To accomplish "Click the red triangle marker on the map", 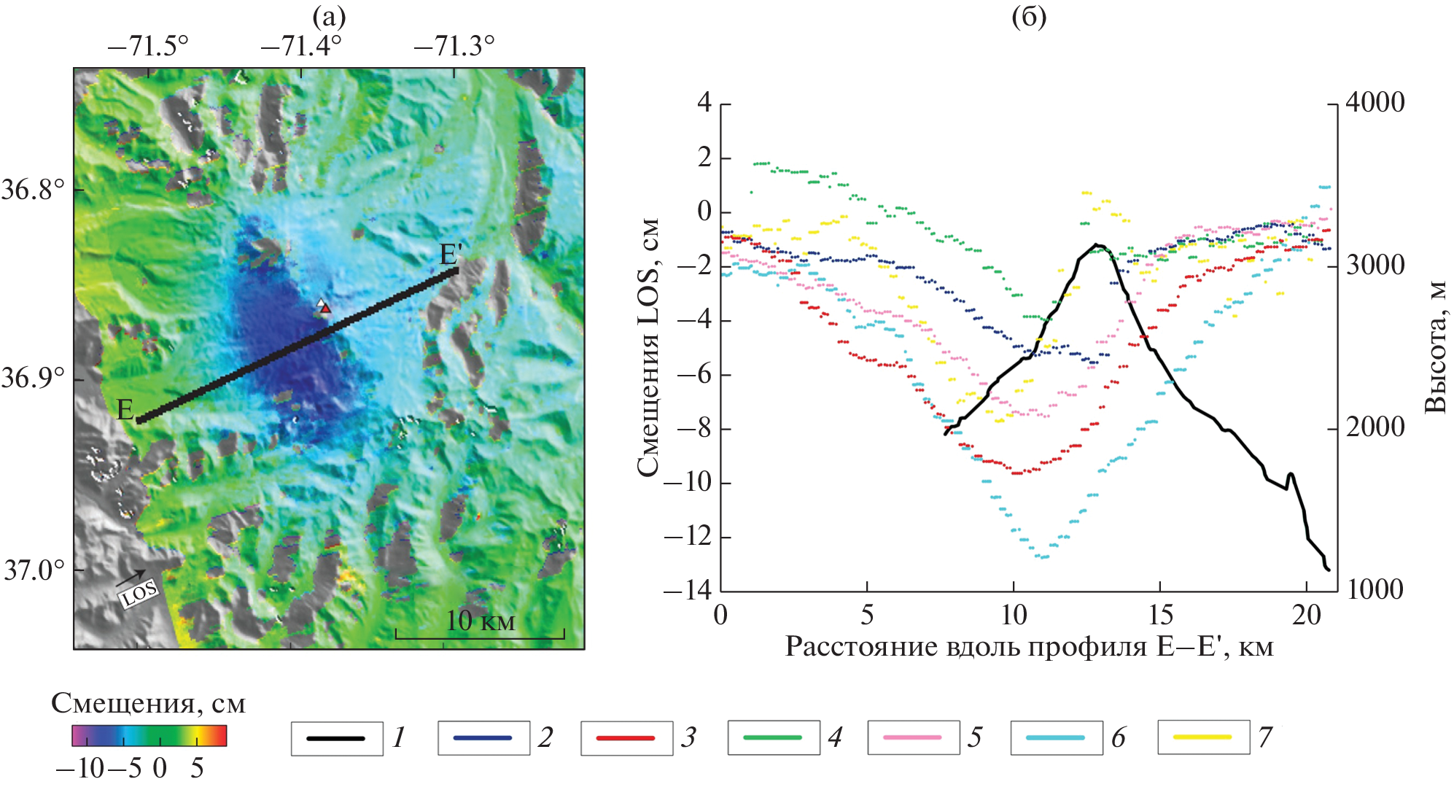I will [x=326, y=309].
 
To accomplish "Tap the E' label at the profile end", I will [x=451, y=255].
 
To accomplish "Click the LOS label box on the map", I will [x=139, y=594].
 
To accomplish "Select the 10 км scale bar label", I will [x=480, y=621].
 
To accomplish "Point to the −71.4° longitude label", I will [x=300, y=47].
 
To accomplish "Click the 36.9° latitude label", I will [x=33, y=378].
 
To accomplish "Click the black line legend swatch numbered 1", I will [x=336, y=738].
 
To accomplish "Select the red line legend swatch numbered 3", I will [x=625, y=738].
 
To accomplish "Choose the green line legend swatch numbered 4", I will [x=772, y=738].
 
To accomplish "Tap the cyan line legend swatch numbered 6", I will [x=1055, y=738].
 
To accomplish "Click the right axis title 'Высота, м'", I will [x=1435, y=347].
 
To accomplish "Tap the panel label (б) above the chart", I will [x=1029, y=16].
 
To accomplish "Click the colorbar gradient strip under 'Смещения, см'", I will [x=149, y=736].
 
